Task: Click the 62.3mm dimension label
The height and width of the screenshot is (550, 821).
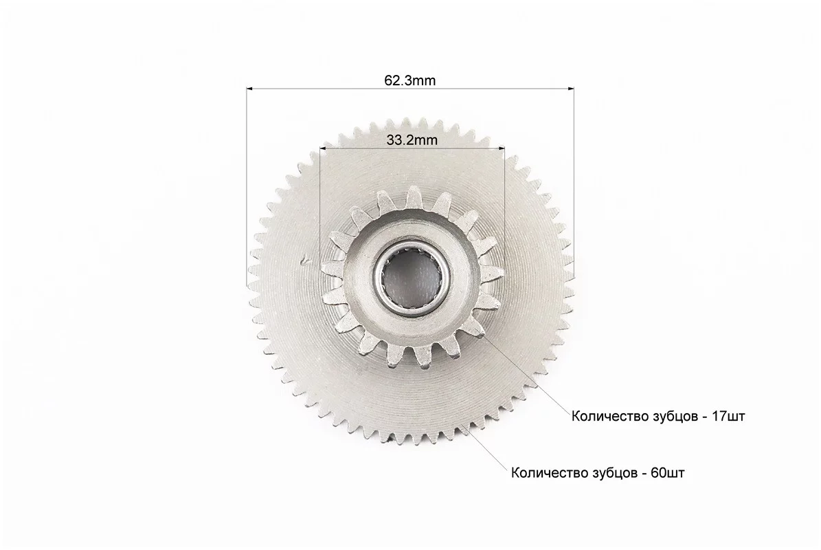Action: click(x=410, y=80)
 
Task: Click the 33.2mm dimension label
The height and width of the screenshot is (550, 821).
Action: click(x=412, y=140)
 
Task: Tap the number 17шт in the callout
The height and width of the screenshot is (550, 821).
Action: click(x=728, y=417)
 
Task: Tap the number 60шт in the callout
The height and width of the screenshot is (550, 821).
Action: click(x=668, y=473)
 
